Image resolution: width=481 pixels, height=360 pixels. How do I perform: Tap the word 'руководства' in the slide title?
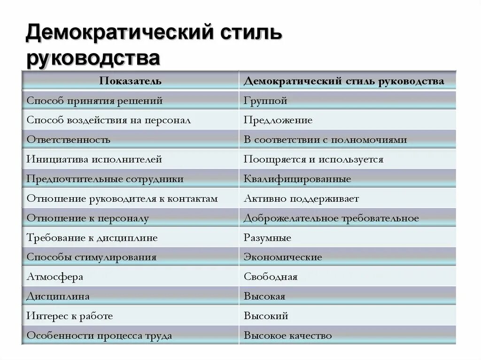tap(93, 59)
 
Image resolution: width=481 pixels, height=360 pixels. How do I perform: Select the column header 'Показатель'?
tap(130, 81)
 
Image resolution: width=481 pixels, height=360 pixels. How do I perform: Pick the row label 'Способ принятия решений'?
tap(94, 100)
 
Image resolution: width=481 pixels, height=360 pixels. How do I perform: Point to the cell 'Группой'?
tap(265, 100)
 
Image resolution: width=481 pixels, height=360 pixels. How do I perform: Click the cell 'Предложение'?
tap(278, 120)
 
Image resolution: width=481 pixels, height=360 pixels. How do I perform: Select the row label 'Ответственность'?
tap(69, 140)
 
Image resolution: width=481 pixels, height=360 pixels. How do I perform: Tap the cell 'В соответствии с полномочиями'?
tap(325, 140)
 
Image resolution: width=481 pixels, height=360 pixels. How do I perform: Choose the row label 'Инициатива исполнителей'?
tap(94, 160)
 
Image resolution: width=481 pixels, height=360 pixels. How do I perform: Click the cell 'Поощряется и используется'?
tap(313, 160)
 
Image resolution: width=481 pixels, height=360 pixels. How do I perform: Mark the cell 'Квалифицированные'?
tap(297, 179)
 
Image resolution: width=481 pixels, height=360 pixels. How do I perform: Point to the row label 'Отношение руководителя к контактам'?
tap(122, 199)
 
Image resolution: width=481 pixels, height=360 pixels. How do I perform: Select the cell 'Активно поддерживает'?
tap(301, 199)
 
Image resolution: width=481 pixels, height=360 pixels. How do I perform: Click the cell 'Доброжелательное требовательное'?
tap(331, 218)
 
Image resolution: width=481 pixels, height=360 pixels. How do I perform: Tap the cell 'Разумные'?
tap(267, 238)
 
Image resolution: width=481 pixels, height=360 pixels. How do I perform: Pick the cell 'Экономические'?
tap(283, 257)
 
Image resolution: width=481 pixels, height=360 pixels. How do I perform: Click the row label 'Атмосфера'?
tap(55, 277)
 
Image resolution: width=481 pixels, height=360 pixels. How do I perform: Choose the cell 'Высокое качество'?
tap(287, 336)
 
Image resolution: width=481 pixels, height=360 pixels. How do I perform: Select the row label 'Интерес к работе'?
tap(70, 316)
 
